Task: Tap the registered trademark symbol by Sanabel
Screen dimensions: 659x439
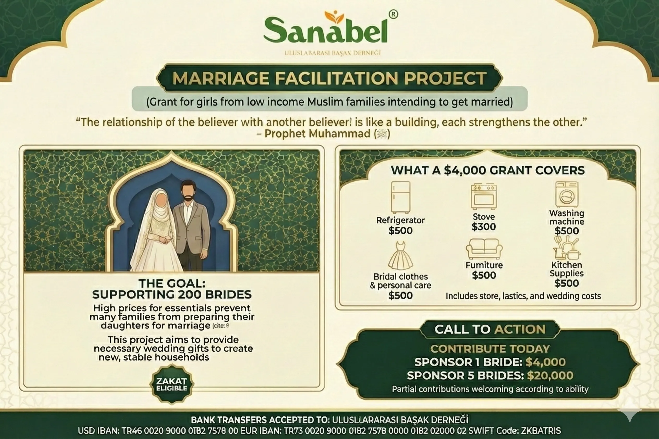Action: pos(393,14)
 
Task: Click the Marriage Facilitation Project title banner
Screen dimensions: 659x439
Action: pos(329,78)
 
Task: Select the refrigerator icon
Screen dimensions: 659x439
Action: pos(400,197)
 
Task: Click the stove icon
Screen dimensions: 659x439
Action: pos(484,196)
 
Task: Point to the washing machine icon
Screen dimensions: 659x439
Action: pos(567,194)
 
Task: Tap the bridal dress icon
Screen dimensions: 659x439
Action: pos(400,256)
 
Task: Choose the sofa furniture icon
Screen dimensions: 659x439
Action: pos(484,249)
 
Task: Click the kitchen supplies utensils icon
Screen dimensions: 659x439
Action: pos(566,248)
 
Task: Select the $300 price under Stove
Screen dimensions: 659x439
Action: pos(484,227)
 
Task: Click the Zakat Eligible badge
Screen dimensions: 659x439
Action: pos(172,384)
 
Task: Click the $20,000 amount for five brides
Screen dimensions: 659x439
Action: pos(550,375)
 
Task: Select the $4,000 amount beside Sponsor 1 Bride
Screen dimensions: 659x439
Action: pos(546,362)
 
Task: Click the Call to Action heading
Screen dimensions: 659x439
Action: pos(490,329)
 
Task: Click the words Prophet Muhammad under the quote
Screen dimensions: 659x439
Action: pos(317,134)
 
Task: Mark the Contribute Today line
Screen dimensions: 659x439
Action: pos(490,349)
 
